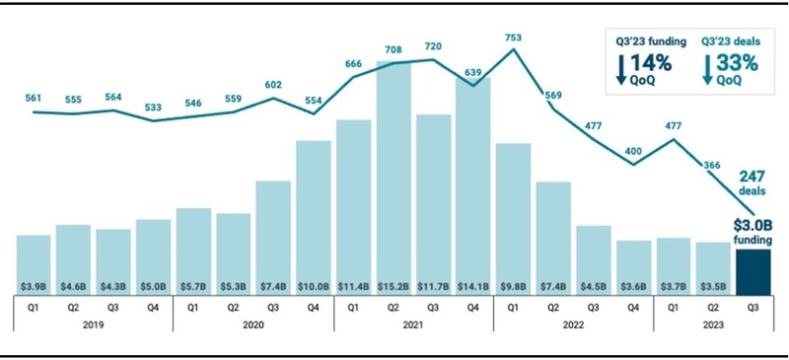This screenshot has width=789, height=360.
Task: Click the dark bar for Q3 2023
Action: coord(753,272)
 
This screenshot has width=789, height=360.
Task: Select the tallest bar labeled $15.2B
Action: coord(393,178)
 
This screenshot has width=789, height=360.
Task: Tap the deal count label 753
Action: coord(513,37)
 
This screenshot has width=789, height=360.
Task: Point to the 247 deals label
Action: coord(753,183)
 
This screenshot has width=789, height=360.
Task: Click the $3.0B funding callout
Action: coord(753,230)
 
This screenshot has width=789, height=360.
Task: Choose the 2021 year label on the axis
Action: coord(413,325)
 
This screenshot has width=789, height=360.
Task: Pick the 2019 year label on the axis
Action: coord(93,325)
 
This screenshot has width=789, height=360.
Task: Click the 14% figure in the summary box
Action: coord(651,63)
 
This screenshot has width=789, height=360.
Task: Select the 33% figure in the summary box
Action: coord(737,63)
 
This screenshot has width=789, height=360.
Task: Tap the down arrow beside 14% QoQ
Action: coord(621,69)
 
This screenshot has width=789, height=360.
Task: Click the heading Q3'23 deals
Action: coord(730,42)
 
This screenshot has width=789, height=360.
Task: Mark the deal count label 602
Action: coord(273,85)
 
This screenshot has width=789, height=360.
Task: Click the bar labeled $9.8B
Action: coord(513,220)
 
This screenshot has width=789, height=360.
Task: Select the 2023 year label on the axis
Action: coord(713,325)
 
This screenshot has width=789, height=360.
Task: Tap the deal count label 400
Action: coord(633,152)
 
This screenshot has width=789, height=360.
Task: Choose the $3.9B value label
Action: coord(34,287)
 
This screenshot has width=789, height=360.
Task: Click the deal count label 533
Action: coord(154,108)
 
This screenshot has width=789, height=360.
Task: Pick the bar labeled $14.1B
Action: coord(473,186)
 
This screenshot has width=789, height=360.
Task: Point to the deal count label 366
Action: coord(712,165)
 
